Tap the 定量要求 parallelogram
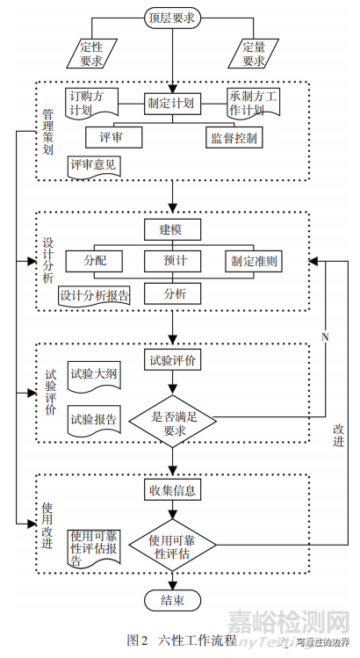click(x=253, y=53)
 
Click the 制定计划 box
click(x=172, y=103)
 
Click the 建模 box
click(x=172, y=230)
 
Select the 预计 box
click(x=172, y=261)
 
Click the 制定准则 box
click(x=255, y=261)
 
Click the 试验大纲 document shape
click(x=94, y=376)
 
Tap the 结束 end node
click(x=172, y=601)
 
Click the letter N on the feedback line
click(x=325, y=337)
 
